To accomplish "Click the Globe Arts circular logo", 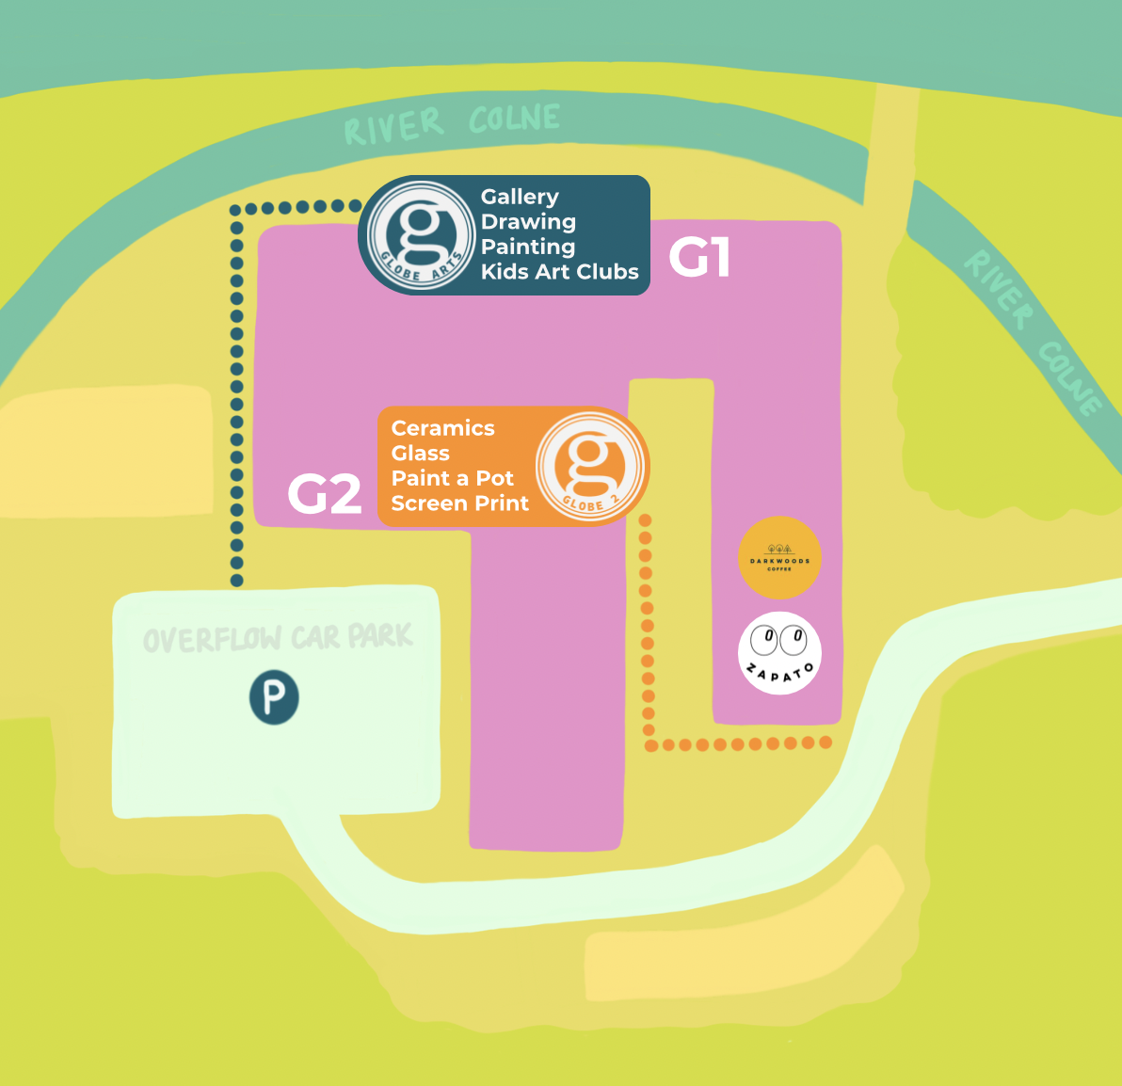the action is tap(420, 234).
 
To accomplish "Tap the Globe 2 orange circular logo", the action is tap(590, 467).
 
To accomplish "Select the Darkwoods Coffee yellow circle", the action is tap(779, 557).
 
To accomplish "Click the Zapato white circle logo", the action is tap(779, 653).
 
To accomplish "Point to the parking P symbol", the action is tap(274, 697).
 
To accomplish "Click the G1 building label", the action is tap(699, 257).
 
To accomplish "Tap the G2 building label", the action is tap(324, 493).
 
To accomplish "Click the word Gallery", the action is tap(520, 197).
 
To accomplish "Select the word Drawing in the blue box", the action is tap(528, 222).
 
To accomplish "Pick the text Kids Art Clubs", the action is tap(559, 272).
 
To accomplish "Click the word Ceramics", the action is tap(442, 428).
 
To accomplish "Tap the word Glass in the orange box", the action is tap(420, 454).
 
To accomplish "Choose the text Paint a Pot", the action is tap(452, 478).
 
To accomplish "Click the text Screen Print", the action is tap(460, 503).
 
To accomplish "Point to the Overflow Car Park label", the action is tap(278, 638).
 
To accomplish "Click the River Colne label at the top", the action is tap(452, 123).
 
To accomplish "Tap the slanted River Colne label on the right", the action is tap(1033, 331).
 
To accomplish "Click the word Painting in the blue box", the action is tap(527, 247).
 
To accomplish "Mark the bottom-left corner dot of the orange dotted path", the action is tap(650, 745).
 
